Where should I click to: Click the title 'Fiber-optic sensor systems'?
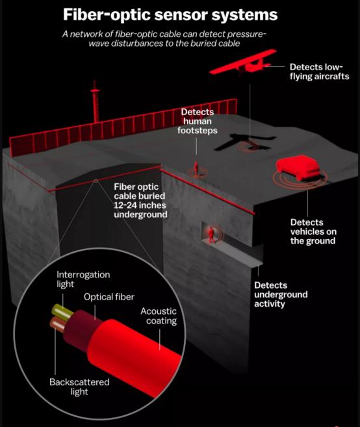tap(170, 15)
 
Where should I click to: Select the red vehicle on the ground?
tap(298, 168)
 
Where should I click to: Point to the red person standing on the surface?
tap(196, 168)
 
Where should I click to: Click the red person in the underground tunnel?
tap(211, 235)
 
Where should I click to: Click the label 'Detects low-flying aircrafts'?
tap(319, 71)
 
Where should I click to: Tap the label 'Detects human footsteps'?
tap(198, 121)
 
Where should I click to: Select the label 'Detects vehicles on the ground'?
tap(313, 231)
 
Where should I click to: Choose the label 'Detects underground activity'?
tap(281, 294)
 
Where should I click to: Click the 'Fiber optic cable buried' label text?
tap(139, 192)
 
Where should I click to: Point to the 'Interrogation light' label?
tap(83, 279)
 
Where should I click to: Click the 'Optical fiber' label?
tap(109, 297)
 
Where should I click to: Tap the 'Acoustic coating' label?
tap(159, 316)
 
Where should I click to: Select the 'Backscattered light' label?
tap(79, 387)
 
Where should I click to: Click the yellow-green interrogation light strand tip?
tap(55, 310)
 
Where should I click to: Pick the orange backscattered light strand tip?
tap(53, 323)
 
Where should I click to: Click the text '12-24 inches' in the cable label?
tap(140, 205)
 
